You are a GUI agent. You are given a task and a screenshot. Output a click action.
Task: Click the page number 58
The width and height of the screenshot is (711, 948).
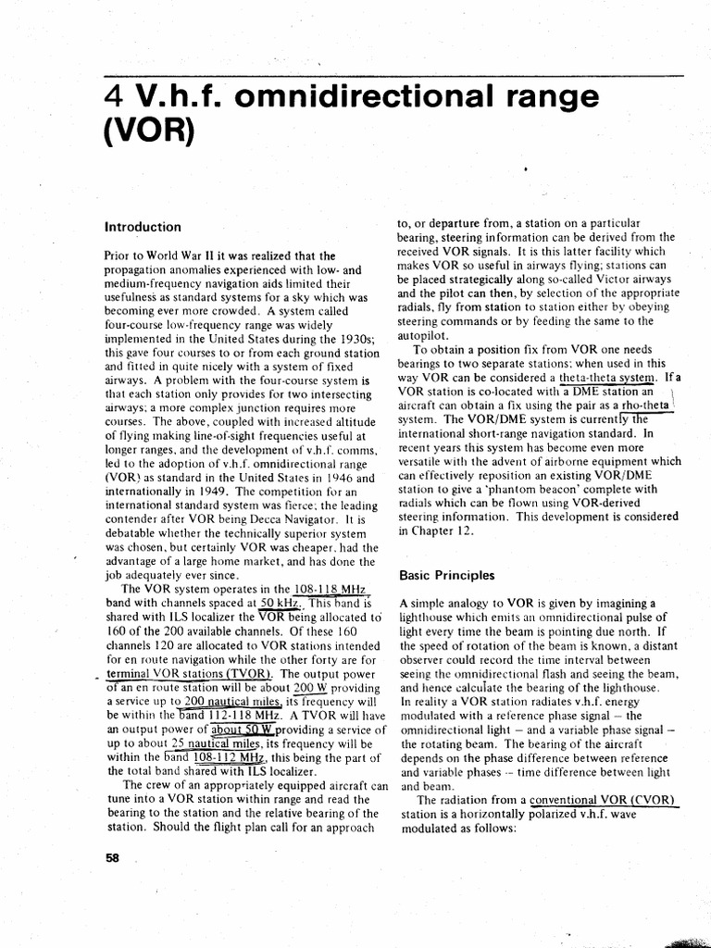pyautogui.click(x=114, y=856)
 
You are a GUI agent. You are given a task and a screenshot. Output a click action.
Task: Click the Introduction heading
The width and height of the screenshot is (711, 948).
pyautogui.click(x=143, y=226)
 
